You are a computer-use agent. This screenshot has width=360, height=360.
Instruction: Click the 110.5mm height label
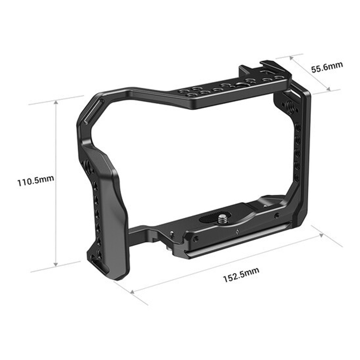coord(36,182)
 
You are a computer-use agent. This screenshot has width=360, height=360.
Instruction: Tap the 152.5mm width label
coord(241,278)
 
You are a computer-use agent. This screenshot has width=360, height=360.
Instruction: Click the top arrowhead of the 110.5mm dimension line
coord(56,103)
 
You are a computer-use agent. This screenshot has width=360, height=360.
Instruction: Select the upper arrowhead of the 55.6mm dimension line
coord(292,57)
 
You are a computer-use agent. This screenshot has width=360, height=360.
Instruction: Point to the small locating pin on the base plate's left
coord(172,233)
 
